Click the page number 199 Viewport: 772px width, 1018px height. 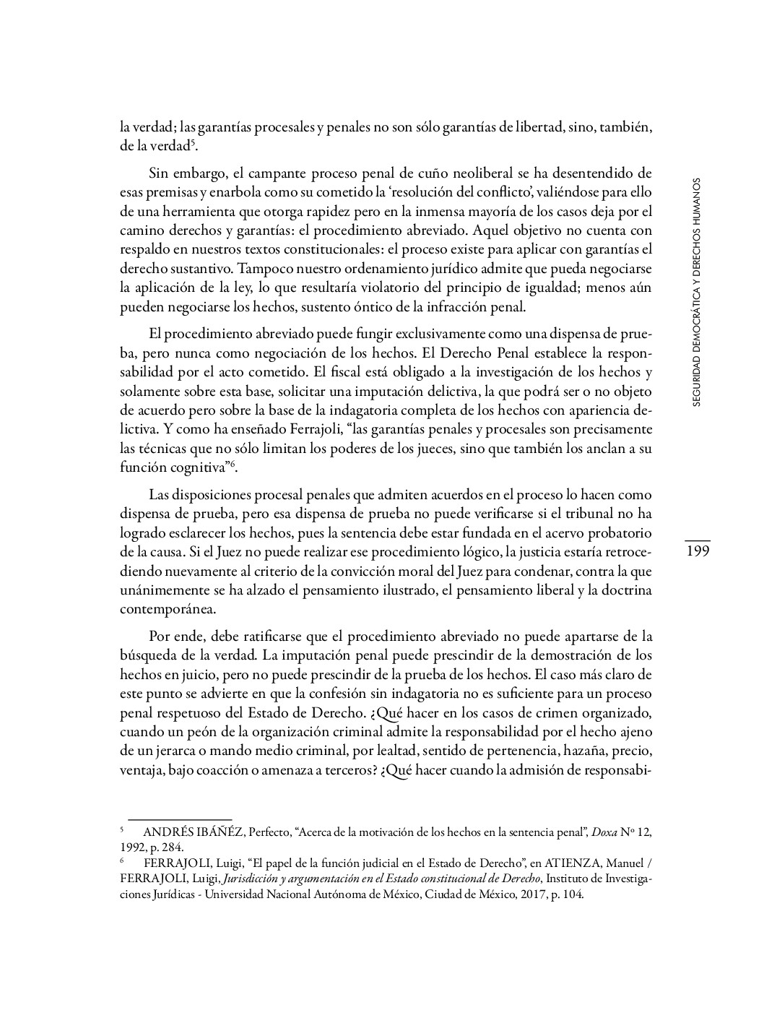pos(697,552)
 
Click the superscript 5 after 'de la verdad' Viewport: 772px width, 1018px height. pos(194,142)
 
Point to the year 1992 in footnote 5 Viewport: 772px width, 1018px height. pos(133,847)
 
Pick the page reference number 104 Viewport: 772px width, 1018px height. pos(571,894)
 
